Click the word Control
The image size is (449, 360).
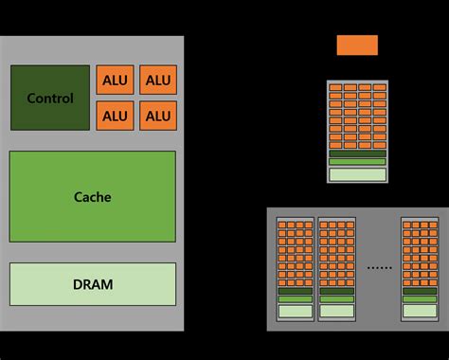click(x=50, y=99)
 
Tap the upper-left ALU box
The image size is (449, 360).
click(x=115, y=81)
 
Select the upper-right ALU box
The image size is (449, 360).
click(x=158, y=81)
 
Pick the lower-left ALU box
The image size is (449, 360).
click(x=115, y=117)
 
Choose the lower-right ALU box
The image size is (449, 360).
click(x=158, y=117)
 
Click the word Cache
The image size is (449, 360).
click(x=93, y=197)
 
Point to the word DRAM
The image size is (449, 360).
click(x=93, y=284)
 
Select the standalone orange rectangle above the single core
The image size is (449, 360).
click(x=357, y=45)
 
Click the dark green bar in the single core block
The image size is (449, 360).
click(x=357, y=153)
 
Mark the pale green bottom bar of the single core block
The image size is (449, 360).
click(x=357, y=174)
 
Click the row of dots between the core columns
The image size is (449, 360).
click(x=379, y=269)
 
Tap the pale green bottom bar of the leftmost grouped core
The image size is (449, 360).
click(x=296, y=311)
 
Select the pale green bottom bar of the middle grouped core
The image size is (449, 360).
click(x=336, y=311)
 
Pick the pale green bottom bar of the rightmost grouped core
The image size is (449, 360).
click(x=420, y=311)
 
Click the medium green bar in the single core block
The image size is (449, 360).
click(x=357, y=162)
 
